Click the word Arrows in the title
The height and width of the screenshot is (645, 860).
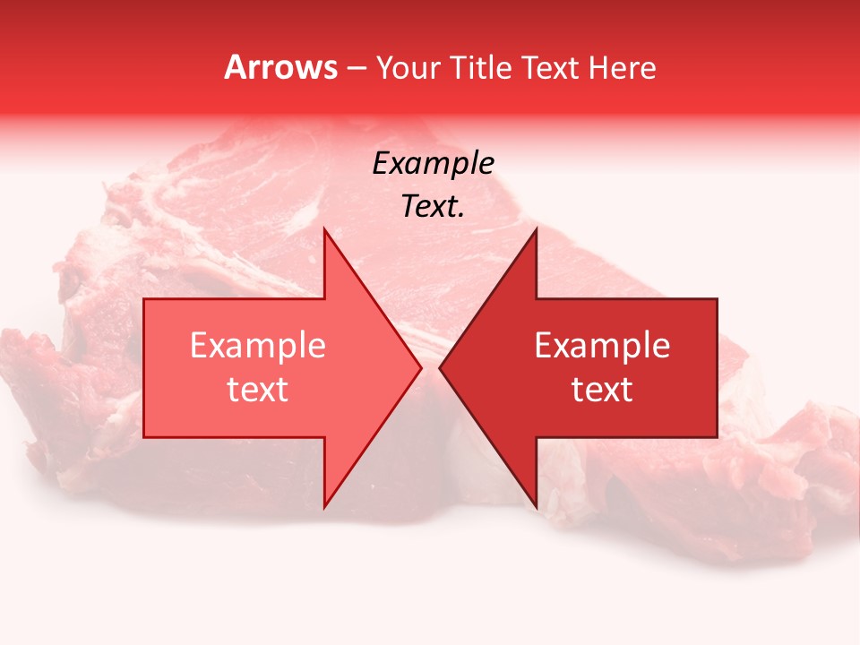[x=279, y=67]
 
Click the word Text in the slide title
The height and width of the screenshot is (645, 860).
[x=552, y=67]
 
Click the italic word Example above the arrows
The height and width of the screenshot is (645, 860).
[x=433, y=164]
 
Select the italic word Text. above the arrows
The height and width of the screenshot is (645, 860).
[x=433, y=207]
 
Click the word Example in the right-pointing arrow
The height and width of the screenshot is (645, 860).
[x=258, y=346]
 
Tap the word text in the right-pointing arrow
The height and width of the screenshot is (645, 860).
[x=258, y=390]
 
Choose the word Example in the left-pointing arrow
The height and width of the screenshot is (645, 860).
[x=602, y=346]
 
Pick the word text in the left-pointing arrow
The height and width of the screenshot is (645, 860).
[x=602, y=390]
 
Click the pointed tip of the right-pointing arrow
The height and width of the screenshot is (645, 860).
[x=421, y=367]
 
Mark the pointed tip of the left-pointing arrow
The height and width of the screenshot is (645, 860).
[x=440, y=367]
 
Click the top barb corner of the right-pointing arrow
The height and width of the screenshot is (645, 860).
[x=324, y=229]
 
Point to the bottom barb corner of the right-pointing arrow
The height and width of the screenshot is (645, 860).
[x=324, y=507]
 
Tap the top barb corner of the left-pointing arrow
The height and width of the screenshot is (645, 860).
[x=536, y=229]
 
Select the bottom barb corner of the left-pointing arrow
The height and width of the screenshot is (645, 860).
[x=536, y=507]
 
